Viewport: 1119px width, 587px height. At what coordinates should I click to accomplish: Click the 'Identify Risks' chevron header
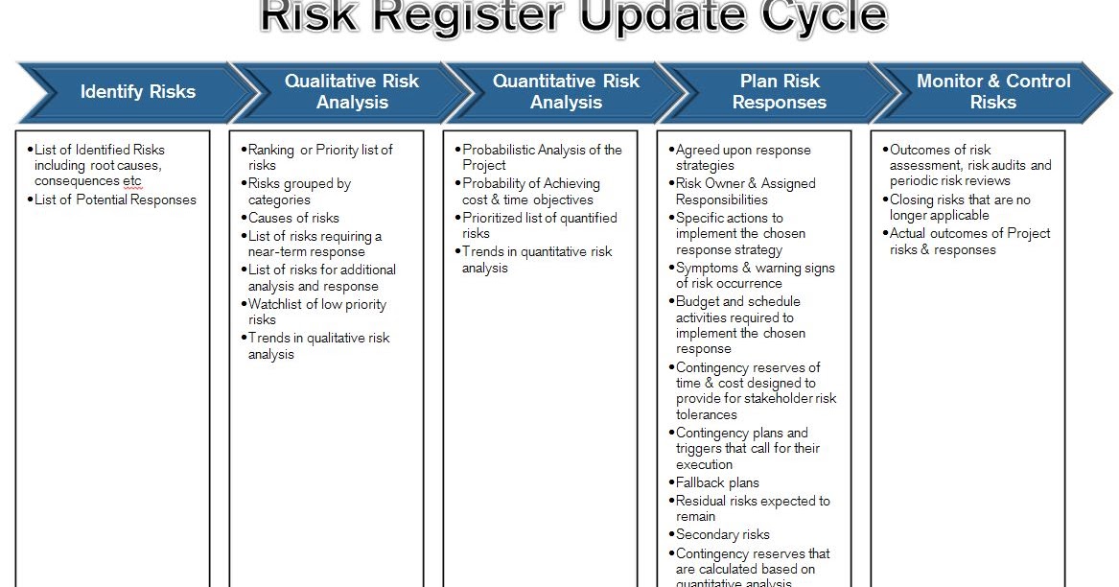click(x=137, y=92)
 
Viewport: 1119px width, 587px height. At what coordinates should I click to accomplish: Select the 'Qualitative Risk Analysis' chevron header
click(x=351, y=92)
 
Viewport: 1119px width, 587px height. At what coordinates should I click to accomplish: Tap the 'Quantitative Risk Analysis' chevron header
click(x=565, y=92)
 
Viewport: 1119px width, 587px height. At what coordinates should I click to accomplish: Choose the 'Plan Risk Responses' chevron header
click(x=779, y=92)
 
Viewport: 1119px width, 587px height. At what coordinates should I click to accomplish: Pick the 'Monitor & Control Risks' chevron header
click(x=992, y=92)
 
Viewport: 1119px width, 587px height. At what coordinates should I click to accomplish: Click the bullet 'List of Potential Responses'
click(x=115, y=200)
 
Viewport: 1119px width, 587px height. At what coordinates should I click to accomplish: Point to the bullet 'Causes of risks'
click(x=293, y=218)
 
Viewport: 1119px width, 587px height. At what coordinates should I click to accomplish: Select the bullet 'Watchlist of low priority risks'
click(x=316, y=312)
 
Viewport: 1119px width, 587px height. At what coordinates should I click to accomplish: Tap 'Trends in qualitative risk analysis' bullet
click(x=318, y=345)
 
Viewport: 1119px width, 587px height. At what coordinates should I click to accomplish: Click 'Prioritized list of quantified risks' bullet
click(x=539, y=225)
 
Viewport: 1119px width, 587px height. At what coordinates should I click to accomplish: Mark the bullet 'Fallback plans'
click(x=717, y=482)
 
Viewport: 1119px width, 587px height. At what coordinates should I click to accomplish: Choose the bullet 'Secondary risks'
click(x=722, y=534)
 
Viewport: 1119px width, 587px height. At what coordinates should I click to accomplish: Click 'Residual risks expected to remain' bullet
click(x=753, y=508)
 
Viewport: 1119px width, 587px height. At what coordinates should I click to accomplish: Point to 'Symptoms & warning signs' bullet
click(x=755, y=275)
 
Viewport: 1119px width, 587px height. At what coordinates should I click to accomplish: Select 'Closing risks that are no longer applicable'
click(x=960, y=207)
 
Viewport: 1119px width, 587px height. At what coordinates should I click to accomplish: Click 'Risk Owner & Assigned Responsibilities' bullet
click(x=745, y=191)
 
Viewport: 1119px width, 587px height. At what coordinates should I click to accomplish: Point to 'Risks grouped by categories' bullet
click(x=299, y=191)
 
